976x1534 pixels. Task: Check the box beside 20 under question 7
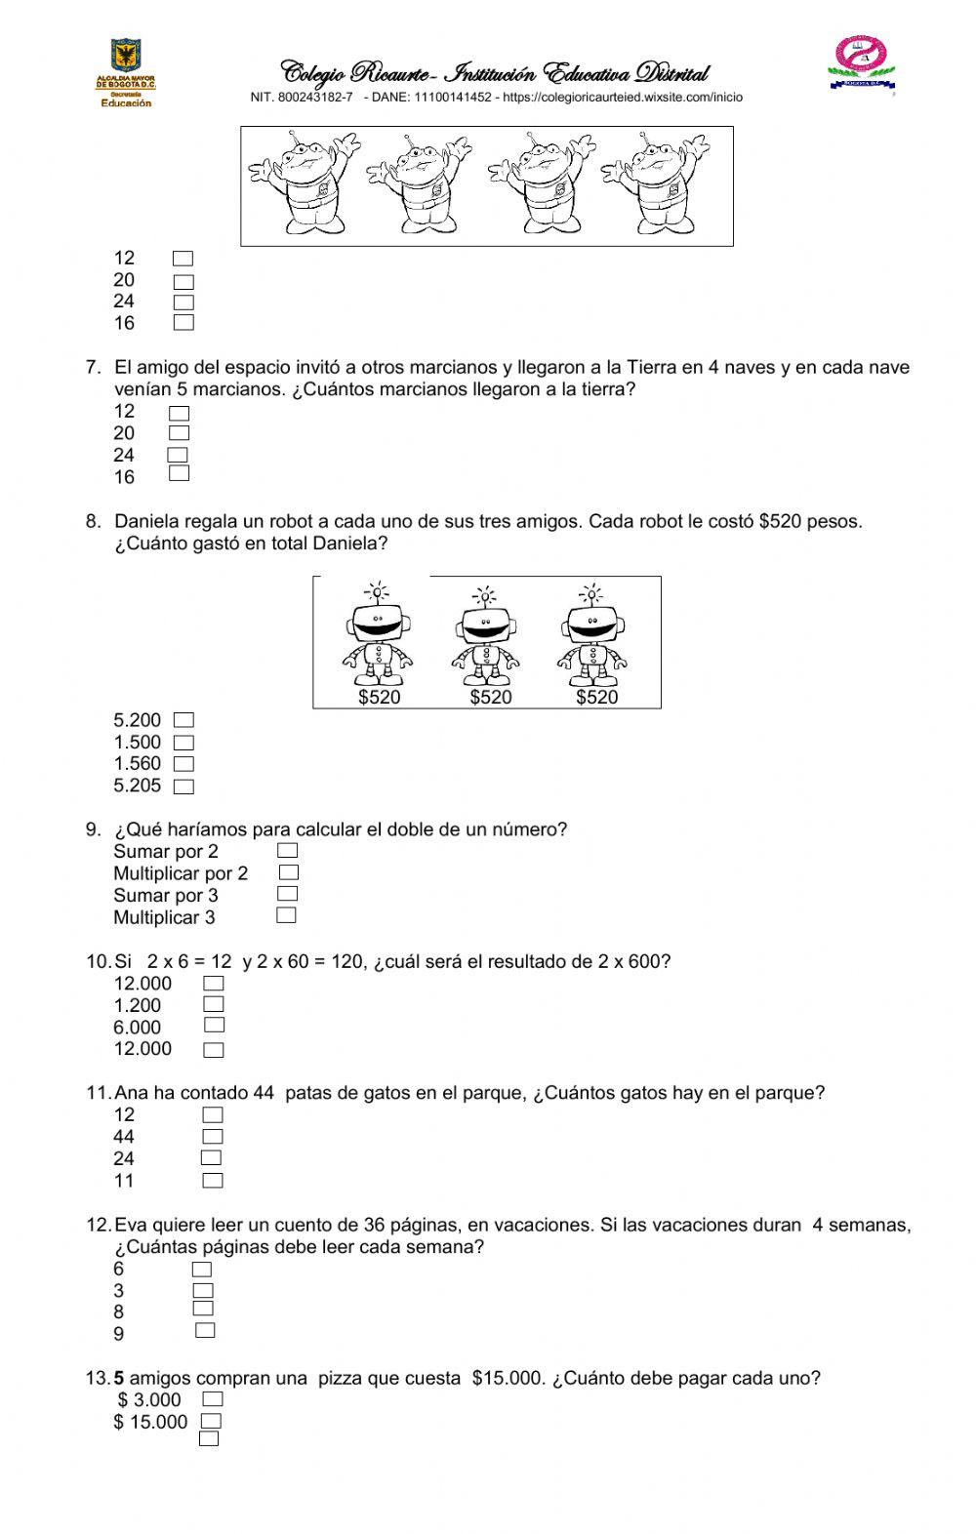[179, 433]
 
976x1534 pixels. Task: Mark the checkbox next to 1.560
[183, 764]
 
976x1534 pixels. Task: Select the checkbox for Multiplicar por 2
[288, 872]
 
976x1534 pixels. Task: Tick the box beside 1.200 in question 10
[214, 1004]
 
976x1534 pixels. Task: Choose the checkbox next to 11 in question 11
[213, 1181]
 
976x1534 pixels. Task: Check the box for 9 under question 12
[205, 1331]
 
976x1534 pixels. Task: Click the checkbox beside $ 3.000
[212, 1399]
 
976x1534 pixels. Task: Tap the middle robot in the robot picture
[485, 639]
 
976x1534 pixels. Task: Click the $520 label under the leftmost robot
[379, 698]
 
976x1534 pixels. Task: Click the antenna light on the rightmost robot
[590, 592]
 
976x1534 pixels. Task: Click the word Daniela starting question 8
[145, 521]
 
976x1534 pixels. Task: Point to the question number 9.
[93, 829]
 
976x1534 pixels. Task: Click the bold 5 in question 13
[119, 1378]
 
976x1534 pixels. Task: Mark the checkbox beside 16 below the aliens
[183, 323]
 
